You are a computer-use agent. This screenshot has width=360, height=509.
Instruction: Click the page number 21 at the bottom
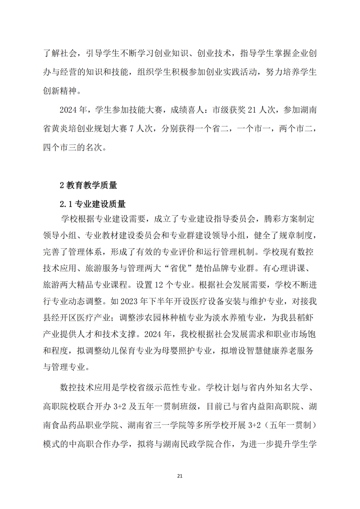(x=180, y=476)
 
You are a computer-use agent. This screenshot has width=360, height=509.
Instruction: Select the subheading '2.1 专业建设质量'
(x=93, y=204)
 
